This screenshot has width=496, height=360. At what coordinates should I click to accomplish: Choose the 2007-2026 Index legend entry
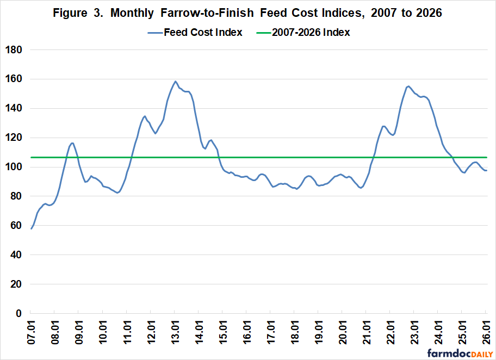(x=306, y=32)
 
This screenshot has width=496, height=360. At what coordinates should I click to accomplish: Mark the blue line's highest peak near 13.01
(x=175, y=81)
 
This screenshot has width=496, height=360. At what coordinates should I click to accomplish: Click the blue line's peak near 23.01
(x=408, y=86)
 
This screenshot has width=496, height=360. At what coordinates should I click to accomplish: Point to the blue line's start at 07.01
(x=31, y=228)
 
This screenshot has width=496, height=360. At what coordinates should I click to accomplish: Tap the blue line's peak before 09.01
(x=72, y=143)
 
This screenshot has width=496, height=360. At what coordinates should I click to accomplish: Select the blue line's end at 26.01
(x=486, y=171)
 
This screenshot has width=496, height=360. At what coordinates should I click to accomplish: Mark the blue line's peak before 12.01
(x=145, y=116)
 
